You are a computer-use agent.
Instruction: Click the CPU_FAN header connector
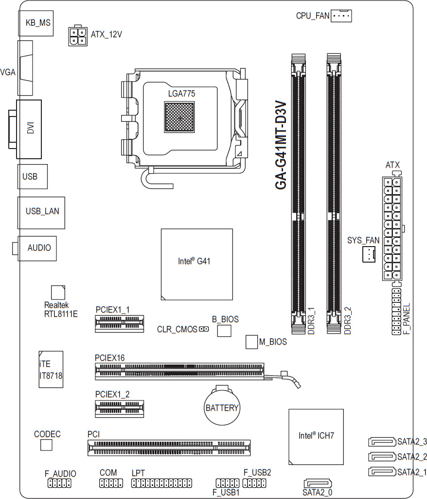click(x=341, y=16)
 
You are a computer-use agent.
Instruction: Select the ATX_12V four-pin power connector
click(x=78, y=35)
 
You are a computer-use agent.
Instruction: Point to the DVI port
click(x=30, y=129)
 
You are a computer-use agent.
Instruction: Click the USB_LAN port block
click(x=41, y=212)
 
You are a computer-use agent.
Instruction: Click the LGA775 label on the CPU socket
click(x=181, y=93)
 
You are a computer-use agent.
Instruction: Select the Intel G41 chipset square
click(x=196, y=264)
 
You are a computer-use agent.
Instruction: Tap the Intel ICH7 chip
click(x=316, y=435)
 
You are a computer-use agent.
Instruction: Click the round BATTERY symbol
click(x=222, y=407)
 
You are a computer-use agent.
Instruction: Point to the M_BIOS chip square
click(x=251, y=342)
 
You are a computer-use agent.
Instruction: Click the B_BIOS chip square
click(x=224, y=331)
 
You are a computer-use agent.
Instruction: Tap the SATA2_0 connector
click(x=318, y=484)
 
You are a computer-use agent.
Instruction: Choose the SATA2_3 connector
click(x=382, y=442)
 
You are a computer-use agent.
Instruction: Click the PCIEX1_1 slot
click(x=120, y=323)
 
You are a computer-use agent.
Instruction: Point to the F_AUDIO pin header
click(x=59, y=483)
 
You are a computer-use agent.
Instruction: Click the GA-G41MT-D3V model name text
click(x=281, y=146)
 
